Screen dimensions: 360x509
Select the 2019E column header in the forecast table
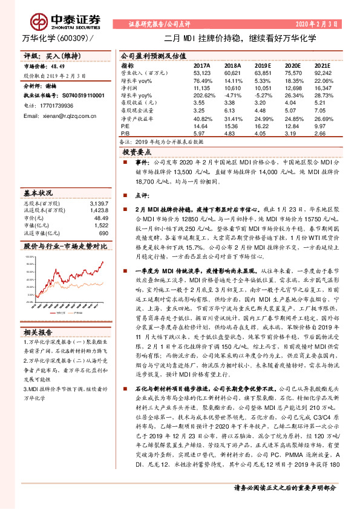[262, 65]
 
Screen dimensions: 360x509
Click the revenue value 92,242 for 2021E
[323, 72]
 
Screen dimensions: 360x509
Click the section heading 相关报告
[39, 331]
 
